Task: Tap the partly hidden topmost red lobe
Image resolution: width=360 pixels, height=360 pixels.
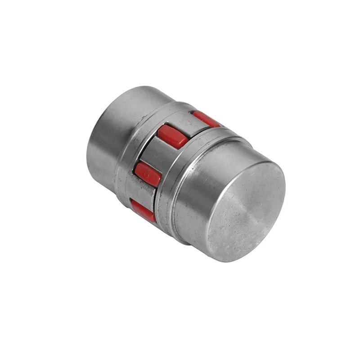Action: (x=206, y=118)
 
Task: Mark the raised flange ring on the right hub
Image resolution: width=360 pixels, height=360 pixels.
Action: (x=180, y=180)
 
